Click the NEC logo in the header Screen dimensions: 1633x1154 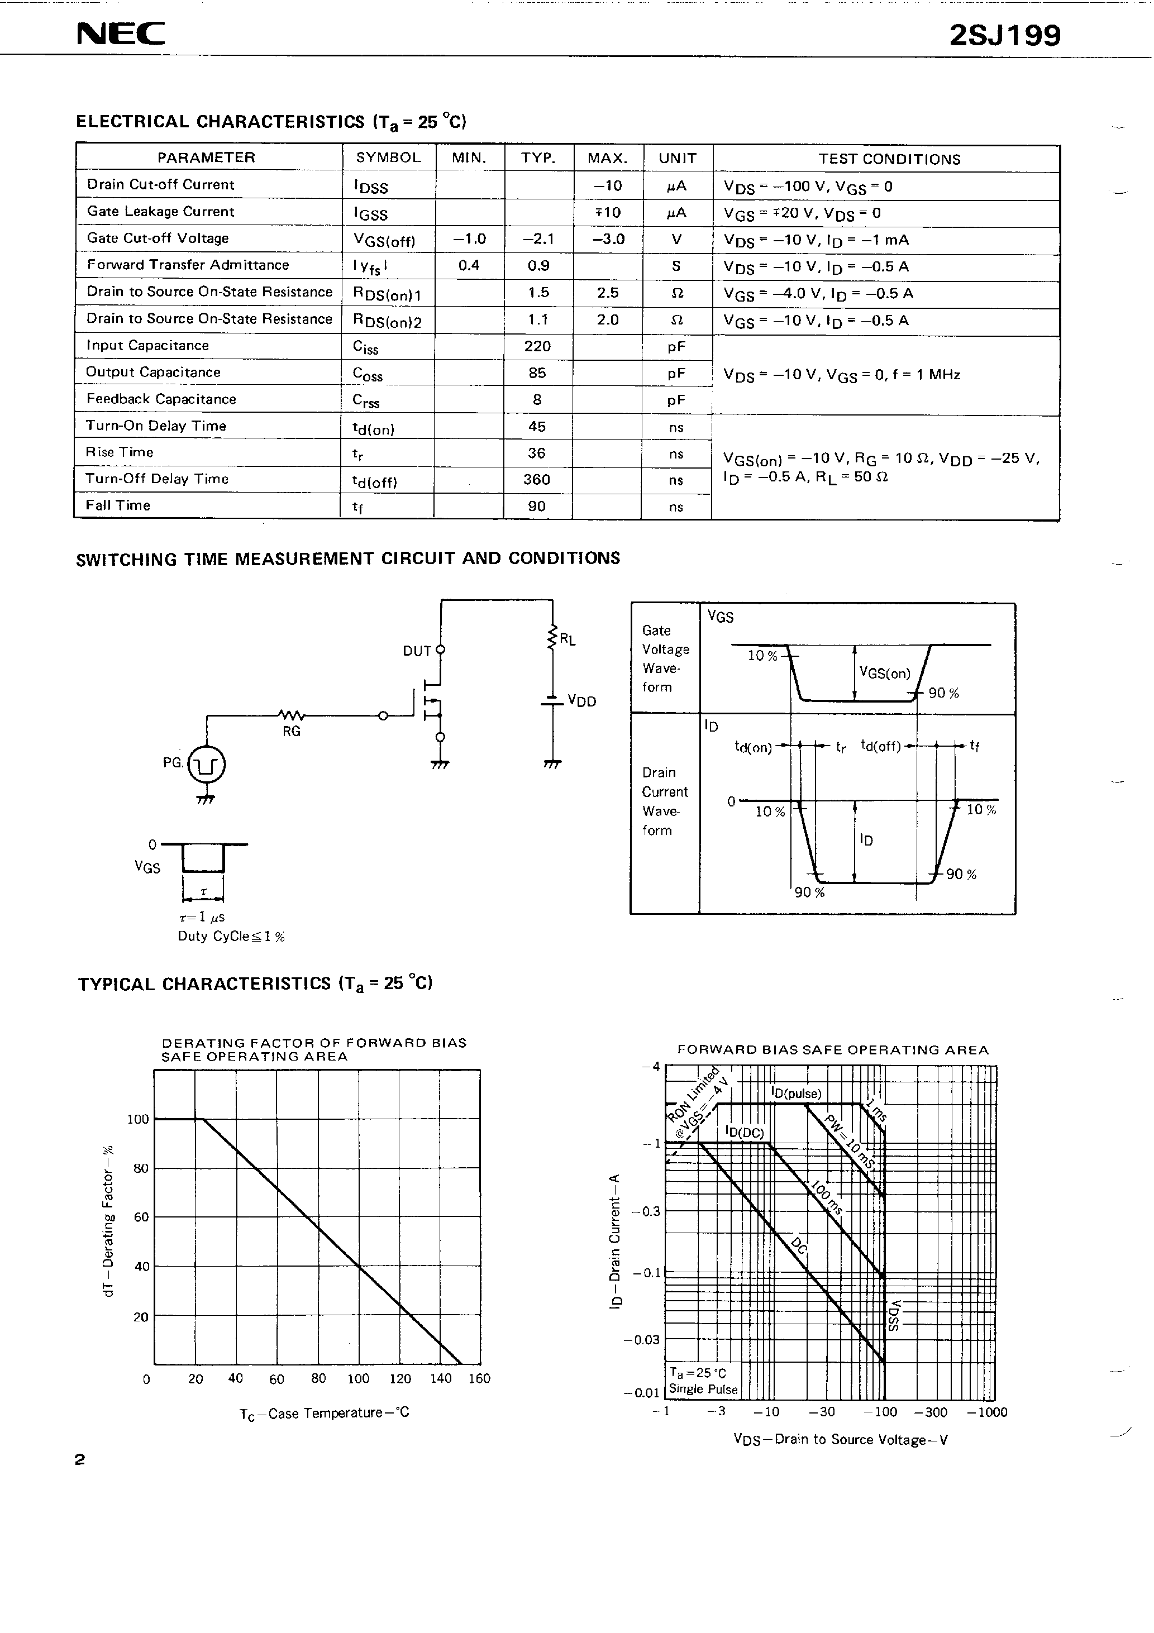121,34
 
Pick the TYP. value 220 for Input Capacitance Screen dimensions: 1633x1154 537,346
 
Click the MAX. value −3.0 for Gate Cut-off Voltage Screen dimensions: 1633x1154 608,239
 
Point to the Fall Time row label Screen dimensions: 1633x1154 118,505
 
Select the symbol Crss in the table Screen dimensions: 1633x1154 366,401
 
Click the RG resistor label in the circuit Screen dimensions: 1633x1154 292,731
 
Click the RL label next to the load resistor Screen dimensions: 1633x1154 567,639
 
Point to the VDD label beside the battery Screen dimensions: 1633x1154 581,701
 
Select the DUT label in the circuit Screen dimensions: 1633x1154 417,651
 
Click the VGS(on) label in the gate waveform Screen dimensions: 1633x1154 884,673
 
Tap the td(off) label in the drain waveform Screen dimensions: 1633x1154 881,746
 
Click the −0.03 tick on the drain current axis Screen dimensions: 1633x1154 642,1340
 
